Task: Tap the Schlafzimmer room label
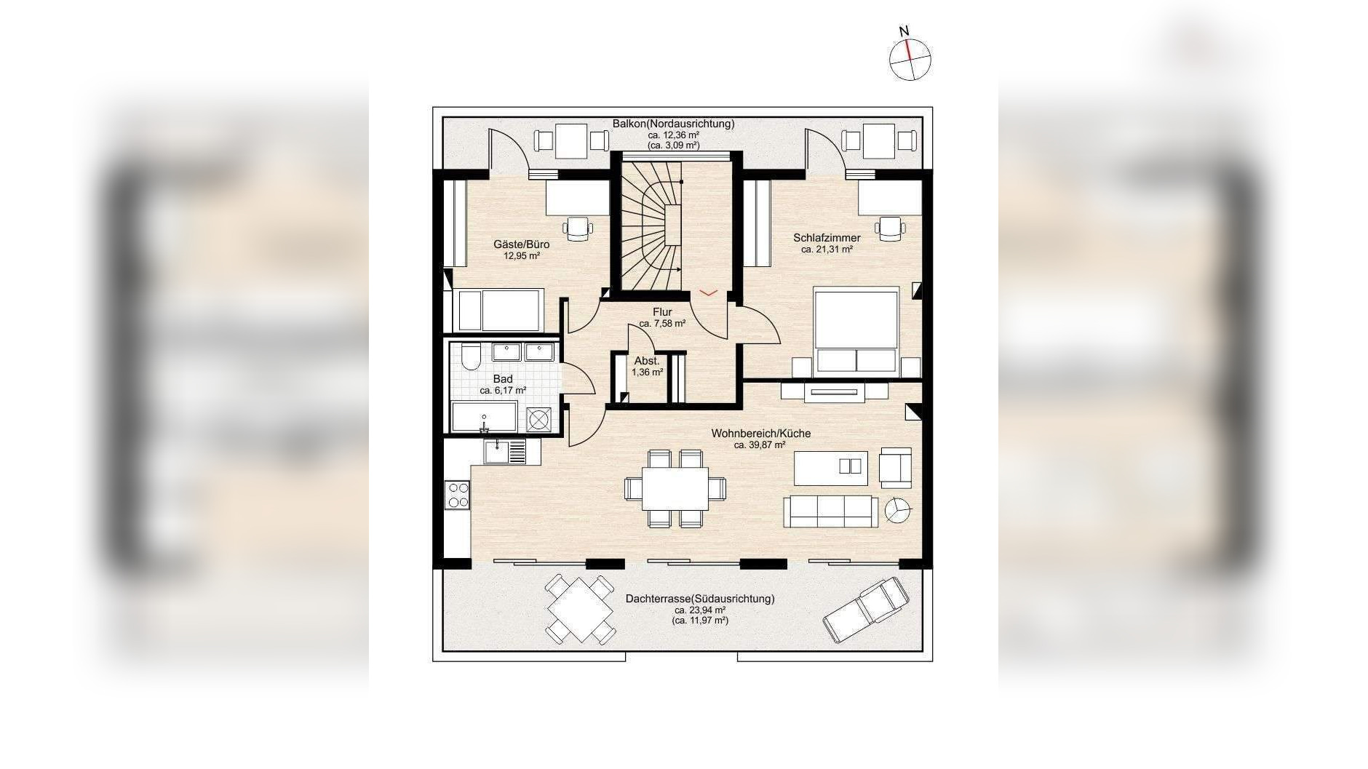pos(827,238)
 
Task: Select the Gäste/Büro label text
pos(521,244)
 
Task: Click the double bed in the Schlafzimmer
pos(856,332)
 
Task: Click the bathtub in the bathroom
pos(484,417)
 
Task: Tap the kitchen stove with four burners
pos(458,495)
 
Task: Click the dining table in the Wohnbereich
pos(675,488)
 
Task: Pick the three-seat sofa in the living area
pos(827,511)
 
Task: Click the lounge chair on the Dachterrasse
pos(866,610)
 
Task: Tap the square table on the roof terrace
pos(580,609)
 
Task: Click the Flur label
pos(662,312)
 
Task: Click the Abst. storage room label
pos(647,361)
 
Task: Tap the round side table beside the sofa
pos(897,510)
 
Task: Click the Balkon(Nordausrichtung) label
pos(673,124)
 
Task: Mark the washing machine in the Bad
pos(539,420)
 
